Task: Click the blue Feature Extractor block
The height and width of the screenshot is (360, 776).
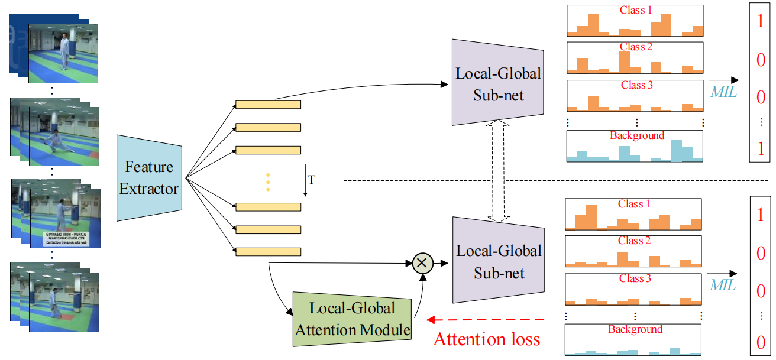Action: pyautogui.click(x=148, y=178)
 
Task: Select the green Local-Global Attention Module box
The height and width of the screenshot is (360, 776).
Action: pyautogui.click(x=353, y=319)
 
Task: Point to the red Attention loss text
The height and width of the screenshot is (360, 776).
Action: pyautogui.click(x=486, y=339)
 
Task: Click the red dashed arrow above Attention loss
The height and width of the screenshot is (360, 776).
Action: pyautogui.click(x=492, y=320)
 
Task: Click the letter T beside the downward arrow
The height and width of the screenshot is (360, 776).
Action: pyautogui.click(x=312, y=180)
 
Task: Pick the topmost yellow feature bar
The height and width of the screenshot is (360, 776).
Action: pyautogui.click(x=268, y=105)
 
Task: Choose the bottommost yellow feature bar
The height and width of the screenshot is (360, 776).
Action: pyautogui.click(x=268, y=252)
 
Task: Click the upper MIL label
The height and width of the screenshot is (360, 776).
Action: pyautogui.click(x=723, y=92)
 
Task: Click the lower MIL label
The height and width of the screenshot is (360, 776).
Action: pyautogui.click(x=723, y=286)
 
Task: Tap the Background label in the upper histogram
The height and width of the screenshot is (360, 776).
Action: pyautogui.click(x=636, y=135)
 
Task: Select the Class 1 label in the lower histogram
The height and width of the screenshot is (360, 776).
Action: pyautogui.click(x=634, y=204)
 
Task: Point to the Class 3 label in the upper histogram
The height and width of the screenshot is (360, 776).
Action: pyautogui.click(x=636, y=85)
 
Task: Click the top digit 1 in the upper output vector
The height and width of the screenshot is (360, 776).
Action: pyautogui.click(x=761, y=22)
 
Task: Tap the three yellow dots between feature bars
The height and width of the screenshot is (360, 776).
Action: pyautogui.click(x=267, y=182)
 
